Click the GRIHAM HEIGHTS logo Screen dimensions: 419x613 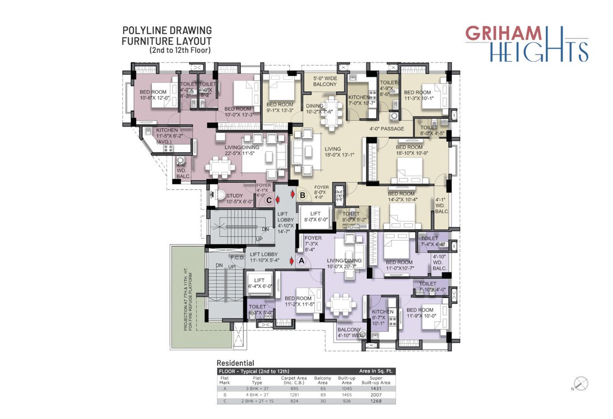click(526, 43)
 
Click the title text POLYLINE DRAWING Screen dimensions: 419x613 click(166, 31)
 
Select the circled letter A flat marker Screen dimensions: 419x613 click(301, 261)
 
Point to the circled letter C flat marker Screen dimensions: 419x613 click(269, 200)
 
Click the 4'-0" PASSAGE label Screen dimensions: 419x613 click(386, 129)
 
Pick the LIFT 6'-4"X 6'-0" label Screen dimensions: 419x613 click(260, 283)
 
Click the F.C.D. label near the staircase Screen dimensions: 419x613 click(236, 257)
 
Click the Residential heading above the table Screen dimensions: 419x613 click(235, 363)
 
